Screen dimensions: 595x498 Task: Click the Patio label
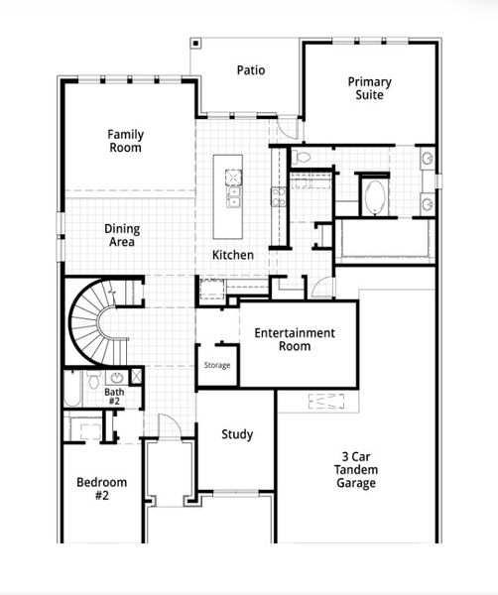click(x=250, y=70)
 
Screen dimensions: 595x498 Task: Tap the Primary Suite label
click(x=369, y=88)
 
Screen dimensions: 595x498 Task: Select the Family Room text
click(x=125, y=141)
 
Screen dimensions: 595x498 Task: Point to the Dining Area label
click(x=121, y=235)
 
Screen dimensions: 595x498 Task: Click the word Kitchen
click(x=232, y=255)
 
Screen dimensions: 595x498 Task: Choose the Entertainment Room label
click(x=295, y=340)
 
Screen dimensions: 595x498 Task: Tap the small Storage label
click(x=217, y=366)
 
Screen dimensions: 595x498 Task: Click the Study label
click(x=236, y=434)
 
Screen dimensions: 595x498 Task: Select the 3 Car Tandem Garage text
click(x=354, y=469)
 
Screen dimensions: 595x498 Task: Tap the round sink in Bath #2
click(x=116, y=378)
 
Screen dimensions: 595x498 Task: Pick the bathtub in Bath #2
click(x=73, y=389)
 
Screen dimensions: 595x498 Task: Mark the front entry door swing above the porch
click(x=171, y=423)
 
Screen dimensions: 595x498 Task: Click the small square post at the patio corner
click(x=196, y=44)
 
